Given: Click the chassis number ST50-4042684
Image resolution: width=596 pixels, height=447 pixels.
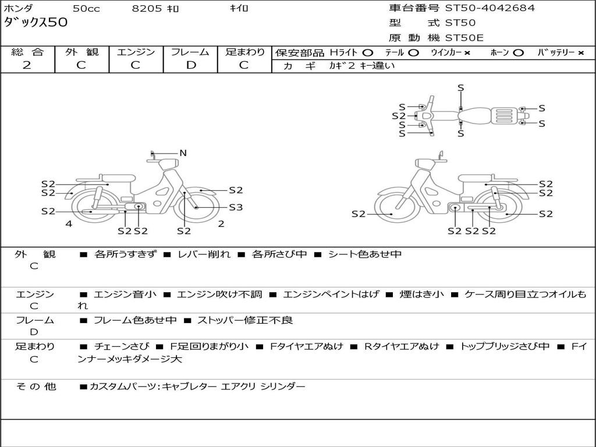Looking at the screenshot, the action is (489, 8).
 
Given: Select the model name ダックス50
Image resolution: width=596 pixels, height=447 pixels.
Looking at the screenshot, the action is (36, 23).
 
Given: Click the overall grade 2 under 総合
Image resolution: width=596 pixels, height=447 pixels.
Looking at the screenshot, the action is (27, 65).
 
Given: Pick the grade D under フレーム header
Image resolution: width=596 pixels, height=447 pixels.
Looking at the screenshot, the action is (190, 65).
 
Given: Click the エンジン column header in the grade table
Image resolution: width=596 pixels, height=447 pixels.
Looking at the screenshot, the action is (136, 52).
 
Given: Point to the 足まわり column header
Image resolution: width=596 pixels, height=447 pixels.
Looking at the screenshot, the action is (245, 52).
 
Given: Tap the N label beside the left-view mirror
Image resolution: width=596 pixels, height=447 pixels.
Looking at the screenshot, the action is (183, 153).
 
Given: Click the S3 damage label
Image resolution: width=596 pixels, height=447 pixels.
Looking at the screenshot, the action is (236, 207).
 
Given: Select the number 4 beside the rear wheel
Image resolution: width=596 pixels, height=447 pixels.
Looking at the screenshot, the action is (69, 223).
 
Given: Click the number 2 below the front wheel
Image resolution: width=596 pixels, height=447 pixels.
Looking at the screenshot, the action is (221, 223).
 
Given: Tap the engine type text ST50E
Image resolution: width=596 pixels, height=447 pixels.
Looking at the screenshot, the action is (464, 38).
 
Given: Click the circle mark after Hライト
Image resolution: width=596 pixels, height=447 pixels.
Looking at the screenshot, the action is (367, 52).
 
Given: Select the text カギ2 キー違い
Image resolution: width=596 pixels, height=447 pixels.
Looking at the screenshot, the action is (361, 66).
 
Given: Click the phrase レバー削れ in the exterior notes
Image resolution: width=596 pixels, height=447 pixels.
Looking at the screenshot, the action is (204, 254).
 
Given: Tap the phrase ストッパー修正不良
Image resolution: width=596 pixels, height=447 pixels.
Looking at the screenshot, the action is (245, 320).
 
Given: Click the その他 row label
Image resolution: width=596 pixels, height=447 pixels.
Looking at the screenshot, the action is (36, 386).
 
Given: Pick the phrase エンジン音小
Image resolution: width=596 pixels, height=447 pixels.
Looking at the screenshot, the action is (125, 295).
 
